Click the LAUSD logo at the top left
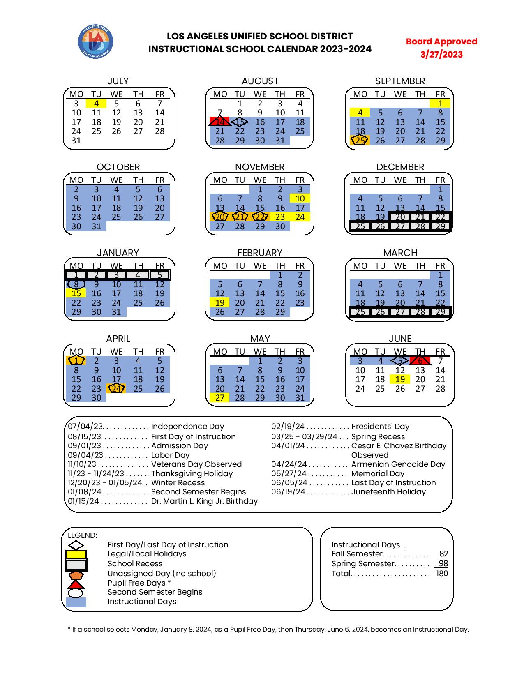click(x=95, y=42)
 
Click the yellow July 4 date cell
click(x=96, y=104)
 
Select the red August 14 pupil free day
click(x=220, y=122)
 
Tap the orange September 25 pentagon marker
click(x=360, y=141)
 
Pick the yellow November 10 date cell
click(x=300, y=198)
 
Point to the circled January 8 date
click(x=76, y=284)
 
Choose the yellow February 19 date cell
click(x=220, y=303)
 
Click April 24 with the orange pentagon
click(x=117, y=389)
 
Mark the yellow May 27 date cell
click(x=220, y=398)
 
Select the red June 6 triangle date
click(x=420, y=361)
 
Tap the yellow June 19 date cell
click(x=400, y=379)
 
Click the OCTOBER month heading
click(x=118, y=167)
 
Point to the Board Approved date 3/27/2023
click(x=441, y=55)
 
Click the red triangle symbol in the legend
click(x=76, y=584)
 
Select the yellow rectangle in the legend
click(x=76, y=554)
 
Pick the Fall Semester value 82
click(x=443, y=554)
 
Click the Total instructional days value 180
click(x=442, y=574)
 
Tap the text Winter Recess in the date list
click(x=178, y=483)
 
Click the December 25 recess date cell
click(x=360, y=226)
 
